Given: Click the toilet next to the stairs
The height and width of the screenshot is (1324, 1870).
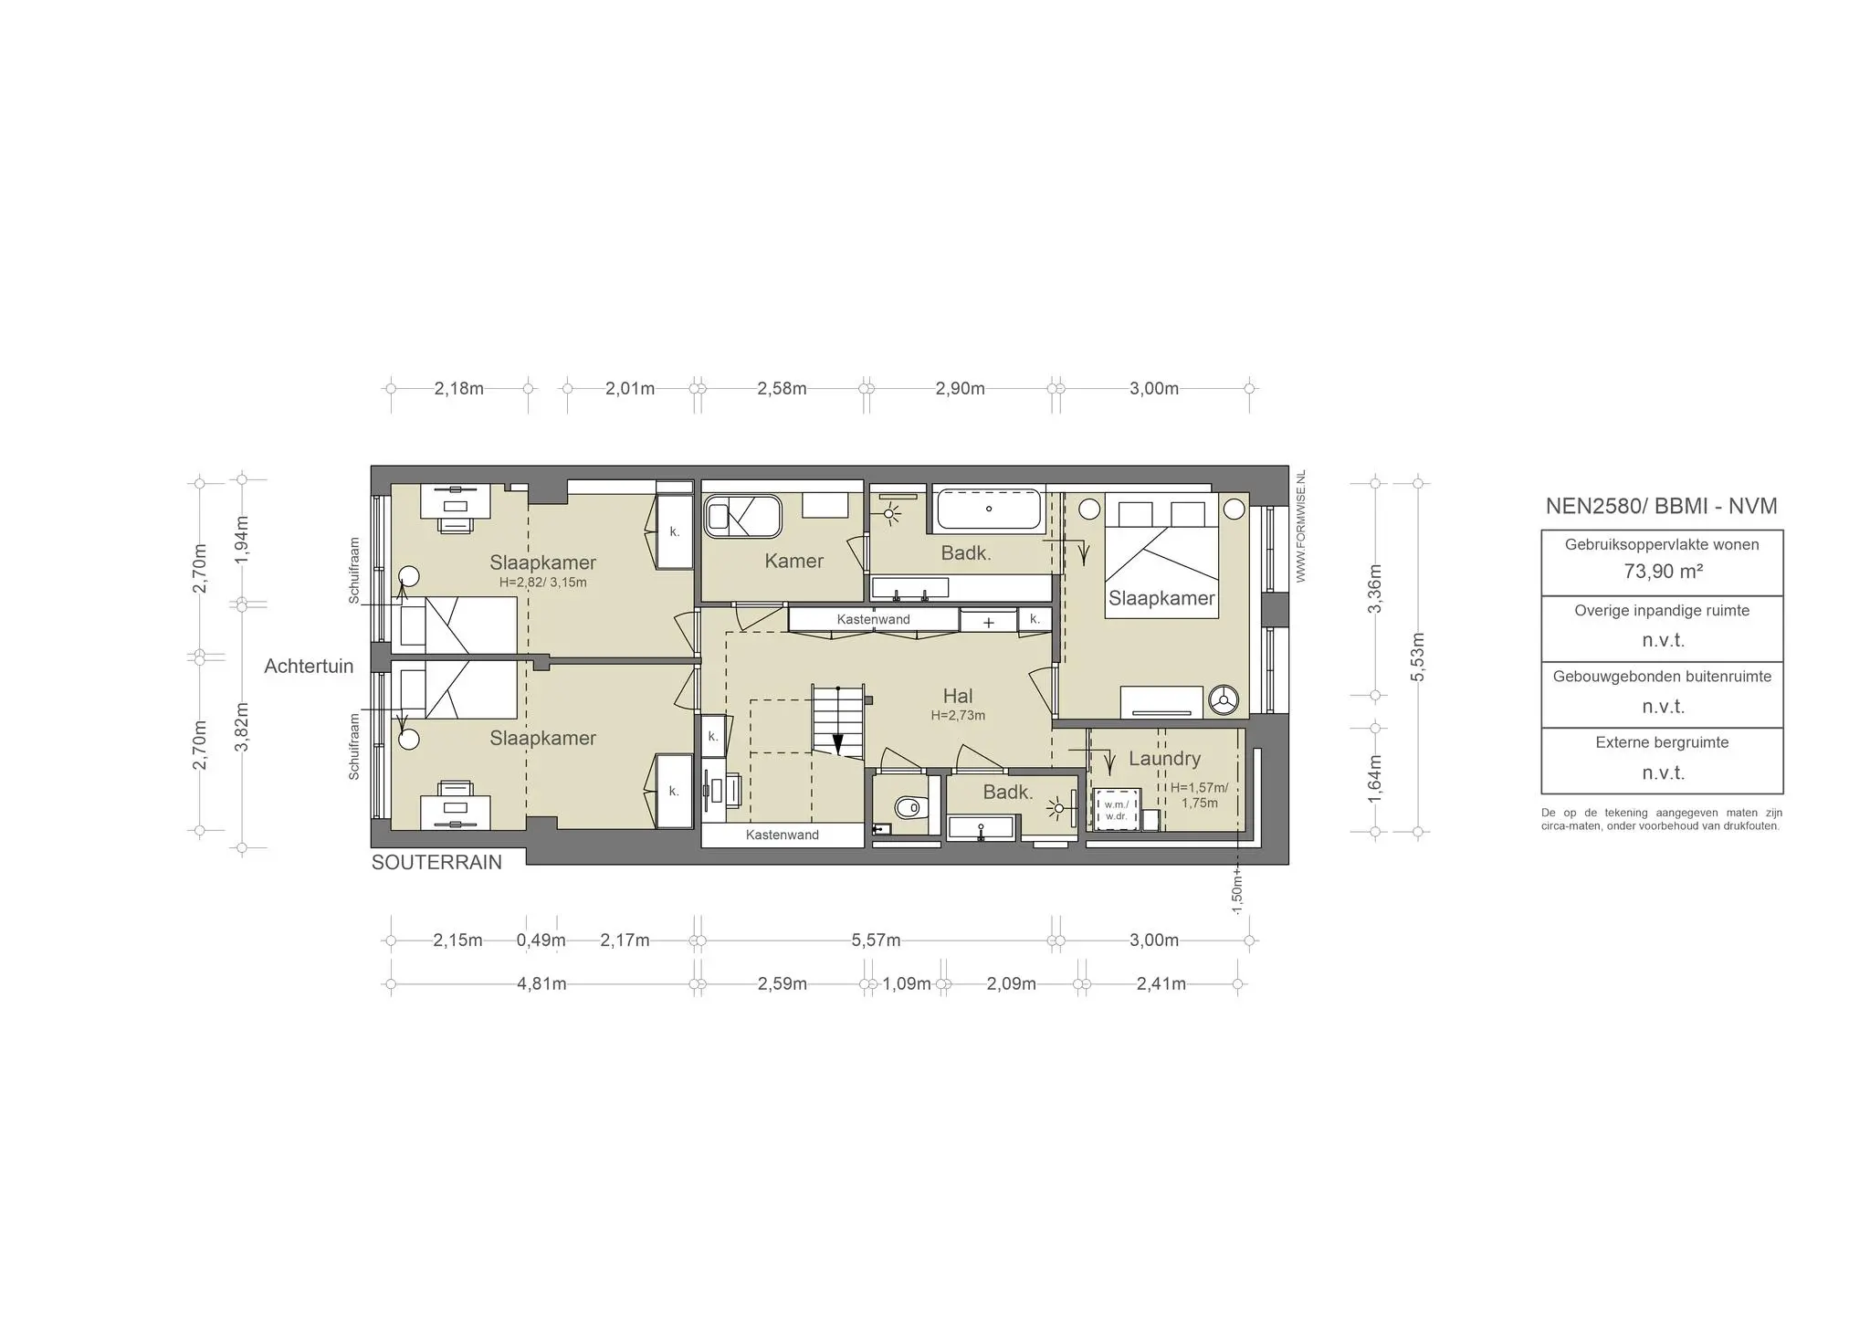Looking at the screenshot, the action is point(910,807).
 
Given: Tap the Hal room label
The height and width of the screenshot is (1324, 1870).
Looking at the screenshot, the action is point(958,696).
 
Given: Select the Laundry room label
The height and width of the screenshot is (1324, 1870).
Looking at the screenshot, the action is point(1164,758).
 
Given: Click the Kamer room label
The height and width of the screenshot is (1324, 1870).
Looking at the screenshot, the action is point(794,561).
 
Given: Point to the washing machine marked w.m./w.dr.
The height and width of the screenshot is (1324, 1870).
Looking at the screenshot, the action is point(1116,809).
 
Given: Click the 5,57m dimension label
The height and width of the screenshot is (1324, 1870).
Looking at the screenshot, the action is point(876,940).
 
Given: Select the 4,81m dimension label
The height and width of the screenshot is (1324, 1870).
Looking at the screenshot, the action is point(541,983).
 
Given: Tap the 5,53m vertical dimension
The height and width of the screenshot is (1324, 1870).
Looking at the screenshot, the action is point(1417,657).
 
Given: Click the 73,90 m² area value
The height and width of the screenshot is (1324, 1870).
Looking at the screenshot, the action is point(1663,572).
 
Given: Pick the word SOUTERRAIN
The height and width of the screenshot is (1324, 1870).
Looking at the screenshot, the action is point(436,862).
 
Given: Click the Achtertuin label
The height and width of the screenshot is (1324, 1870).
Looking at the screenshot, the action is point(309,666).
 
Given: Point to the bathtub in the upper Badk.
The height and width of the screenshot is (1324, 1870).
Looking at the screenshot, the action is point(989,510).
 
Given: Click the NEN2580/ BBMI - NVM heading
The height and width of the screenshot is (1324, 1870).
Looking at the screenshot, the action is point(1662,506).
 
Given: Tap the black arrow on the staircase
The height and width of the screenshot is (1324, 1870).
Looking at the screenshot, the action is point(838,743).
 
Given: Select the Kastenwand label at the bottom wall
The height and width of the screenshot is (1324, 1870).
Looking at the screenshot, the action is point(783,835).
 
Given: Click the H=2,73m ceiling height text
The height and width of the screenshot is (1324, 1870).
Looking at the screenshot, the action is point(958,716).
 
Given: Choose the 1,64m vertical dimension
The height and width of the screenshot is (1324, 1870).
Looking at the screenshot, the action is point(1374,779).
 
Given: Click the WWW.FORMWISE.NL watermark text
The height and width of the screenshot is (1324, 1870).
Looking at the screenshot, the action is point(1300,526).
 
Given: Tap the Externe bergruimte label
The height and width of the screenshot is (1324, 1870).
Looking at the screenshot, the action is point(1662,742).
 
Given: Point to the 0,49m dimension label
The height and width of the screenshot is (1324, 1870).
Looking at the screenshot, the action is point(541,940).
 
